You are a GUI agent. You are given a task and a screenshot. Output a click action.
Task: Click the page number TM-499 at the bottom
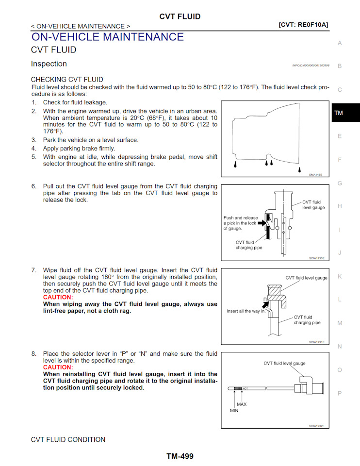coord(180,456)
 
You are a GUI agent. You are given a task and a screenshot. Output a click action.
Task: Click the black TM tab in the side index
coord(339,113)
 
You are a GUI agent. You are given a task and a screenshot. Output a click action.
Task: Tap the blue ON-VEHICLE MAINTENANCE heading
coord(107,37)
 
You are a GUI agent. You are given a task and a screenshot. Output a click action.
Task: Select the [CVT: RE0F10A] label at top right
coord(303,24)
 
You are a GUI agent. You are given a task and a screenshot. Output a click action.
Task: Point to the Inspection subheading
coord(49,64)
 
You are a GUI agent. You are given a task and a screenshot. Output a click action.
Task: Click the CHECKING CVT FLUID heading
coord(67,79)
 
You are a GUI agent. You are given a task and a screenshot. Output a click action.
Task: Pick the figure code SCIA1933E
coord(316,258)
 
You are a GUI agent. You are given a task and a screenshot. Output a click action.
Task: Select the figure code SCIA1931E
coord(316,342)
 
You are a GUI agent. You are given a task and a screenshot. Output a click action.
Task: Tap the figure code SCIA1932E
coord(316,426)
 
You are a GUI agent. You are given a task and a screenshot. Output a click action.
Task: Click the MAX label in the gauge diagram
coord(242,404)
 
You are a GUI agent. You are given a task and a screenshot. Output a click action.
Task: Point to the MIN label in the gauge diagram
coord(234,410)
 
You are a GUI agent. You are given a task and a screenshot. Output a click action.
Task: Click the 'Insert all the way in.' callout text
coord(246,311)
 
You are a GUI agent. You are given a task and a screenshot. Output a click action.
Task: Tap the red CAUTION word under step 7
coord(58,297)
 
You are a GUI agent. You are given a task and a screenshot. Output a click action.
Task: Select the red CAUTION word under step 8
coord(58,367)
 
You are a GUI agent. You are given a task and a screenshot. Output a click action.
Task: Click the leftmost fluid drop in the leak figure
coord(235,165)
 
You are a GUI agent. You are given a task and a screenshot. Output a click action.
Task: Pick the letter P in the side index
coord(340,393)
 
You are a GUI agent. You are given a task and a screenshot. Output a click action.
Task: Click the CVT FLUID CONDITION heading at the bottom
coord(68,440)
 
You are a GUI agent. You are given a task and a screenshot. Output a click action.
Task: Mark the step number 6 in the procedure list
coord(34,186)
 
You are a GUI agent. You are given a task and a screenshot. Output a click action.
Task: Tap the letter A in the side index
coord(340,43)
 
